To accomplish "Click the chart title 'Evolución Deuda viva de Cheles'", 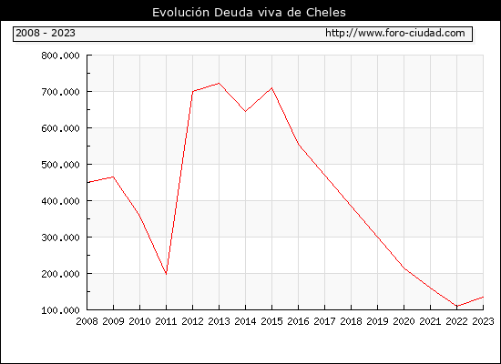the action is pyautogui.click(x=249, y=13).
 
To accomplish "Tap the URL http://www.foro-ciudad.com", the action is pyautogui.click(x=395, y=33).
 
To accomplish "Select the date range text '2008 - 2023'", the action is pyautogui.click(x=46, y=33).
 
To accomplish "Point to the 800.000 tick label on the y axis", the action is pyautogui.click(x=60, y=56).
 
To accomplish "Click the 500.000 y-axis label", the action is pyautogui.click(x=60, y=165).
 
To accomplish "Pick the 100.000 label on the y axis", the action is pyautogui.click(x=60, y=310).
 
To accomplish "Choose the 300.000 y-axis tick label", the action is pyautogui.click(x=60, y=238).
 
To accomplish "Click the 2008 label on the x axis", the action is pyautogui.click(x=87, y=321).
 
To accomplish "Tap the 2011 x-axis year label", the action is pyautogui.click(x=166, y=321).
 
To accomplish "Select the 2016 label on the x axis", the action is pyautogui.click(x=298, y=321).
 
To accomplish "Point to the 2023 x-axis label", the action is pyautogui.click(x=483, y=321).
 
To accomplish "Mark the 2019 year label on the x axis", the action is pyautogui.click(x=377, y=321).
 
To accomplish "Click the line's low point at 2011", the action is pyautogui.click(x=166, y=274).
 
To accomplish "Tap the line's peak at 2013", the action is pyautogui.click(x=219, y=84).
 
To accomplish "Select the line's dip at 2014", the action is pyautogui.click(x=245, y=111).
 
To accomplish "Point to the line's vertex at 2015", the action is pyautogui.click(x=272, y=87).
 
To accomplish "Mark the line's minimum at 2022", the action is pyautogui.click(x=457, y=306).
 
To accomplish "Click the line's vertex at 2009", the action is pyautogui.click(x=114, y=177).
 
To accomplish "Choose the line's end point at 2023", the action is pyautogui.click(x=483, y=297).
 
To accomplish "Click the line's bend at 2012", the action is pyautogui.click(x=193, y=91).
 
